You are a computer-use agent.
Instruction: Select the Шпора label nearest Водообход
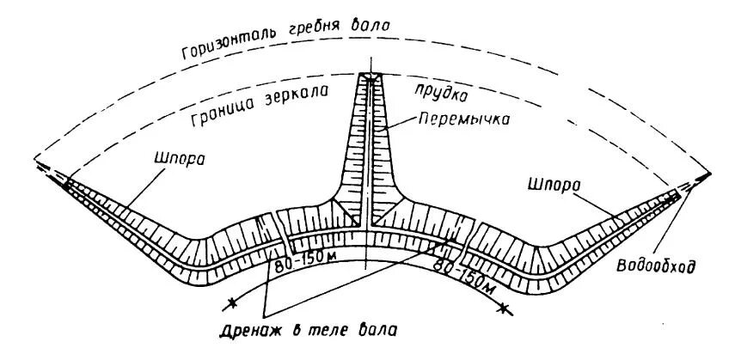[x=550, y=183]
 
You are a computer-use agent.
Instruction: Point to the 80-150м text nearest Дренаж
[x=304, y=267]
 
